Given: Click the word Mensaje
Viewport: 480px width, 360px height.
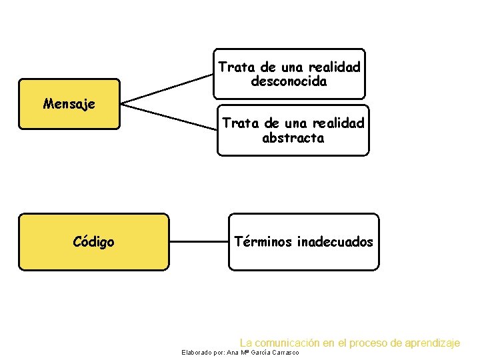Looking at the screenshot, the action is click(x=69, y=104).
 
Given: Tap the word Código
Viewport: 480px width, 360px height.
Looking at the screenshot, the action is click(x=93, y=242).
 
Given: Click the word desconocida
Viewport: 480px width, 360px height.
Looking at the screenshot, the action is click(x=289, y=82).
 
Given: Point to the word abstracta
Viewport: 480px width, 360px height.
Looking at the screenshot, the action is click(x=293, y=139).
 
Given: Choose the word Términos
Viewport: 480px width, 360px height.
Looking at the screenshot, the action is click(x=263, y=242).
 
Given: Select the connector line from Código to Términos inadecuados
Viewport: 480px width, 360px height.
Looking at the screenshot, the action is click(x=199, y=242).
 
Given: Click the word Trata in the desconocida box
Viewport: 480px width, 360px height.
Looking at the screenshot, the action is click(x=233, y=68).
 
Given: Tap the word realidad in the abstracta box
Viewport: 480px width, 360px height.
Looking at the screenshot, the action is click(x=340, y=124).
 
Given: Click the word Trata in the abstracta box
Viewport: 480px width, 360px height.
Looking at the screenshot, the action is click(x=237, y=124).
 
